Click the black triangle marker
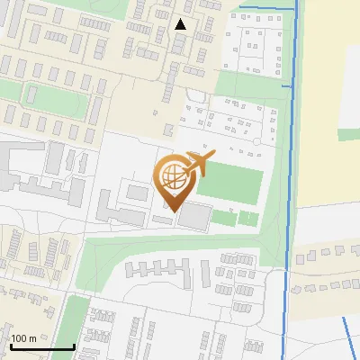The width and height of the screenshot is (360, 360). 181,24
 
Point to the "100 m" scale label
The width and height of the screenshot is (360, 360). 23,338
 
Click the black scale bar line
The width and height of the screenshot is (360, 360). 41,346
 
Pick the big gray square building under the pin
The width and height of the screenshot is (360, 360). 193,216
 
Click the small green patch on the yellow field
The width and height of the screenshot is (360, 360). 348,134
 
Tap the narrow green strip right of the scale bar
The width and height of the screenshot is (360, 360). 74,328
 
